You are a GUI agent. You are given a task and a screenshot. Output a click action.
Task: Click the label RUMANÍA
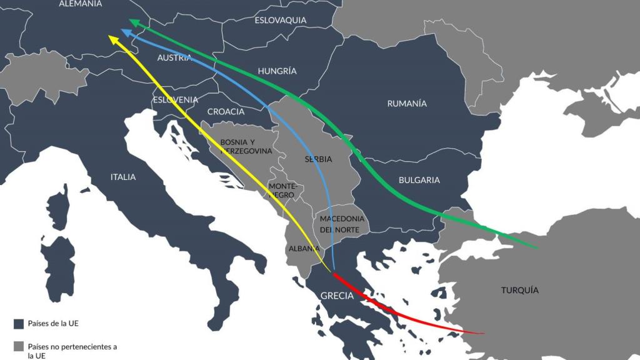(x=407, y=103)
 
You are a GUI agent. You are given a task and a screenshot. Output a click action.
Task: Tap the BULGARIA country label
(x=419, y=180)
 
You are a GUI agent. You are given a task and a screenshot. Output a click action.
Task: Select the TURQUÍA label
(x=519, y=290)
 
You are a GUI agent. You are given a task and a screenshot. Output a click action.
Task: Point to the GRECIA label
(x=337, y=296)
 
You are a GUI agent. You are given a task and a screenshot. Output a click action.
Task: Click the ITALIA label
(x=123, y=177)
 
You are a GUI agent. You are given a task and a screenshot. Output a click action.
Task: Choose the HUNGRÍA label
(x=277, y=71)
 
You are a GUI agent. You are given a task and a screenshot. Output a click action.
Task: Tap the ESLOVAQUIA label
(x=281, y=20)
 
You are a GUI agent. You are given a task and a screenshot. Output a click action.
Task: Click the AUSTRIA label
(x=174, y=57)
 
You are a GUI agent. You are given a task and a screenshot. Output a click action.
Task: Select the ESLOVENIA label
(x=176, y=99)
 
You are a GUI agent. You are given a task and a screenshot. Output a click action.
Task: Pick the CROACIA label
(x=226, y=111)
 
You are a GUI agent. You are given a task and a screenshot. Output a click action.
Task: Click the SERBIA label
(x=318, y=159)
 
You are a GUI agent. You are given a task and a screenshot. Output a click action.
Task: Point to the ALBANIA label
(x=304, y=248)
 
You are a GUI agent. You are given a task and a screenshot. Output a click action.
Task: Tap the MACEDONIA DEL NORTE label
(x=342, y=224)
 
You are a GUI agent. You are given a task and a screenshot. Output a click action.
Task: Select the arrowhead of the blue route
(x=125, y=32)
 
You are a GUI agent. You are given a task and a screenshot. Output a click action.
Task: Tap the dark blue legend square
(x=18, y=324)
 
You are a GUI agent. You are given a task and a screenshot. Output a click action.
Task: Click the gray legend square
(x=18, y=346)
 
